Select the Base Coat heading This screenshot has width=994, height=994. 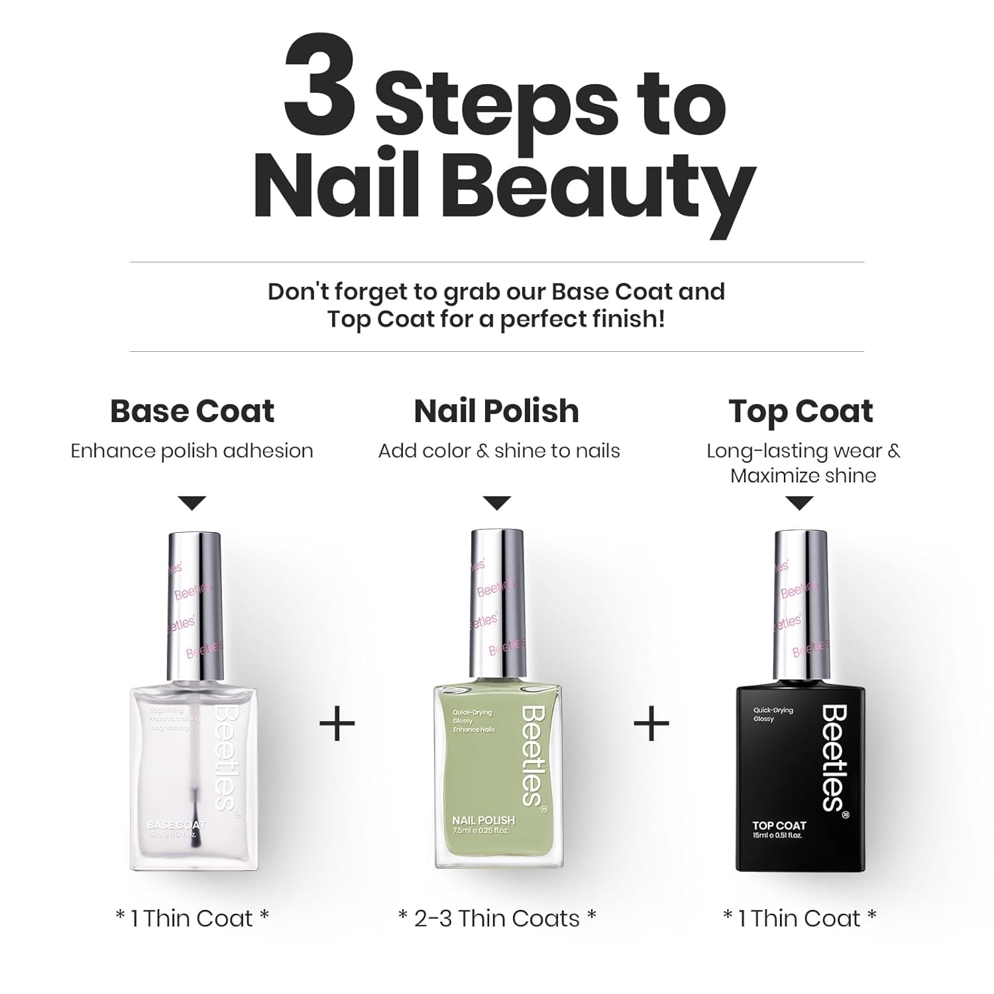pyautogui.click(x=192, y=411)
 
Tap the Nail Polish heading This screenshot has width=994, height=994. pyautogui.click(x=496, y=411)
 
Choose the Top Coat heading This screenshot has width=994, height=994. pyautogui.click(x=801, y=411)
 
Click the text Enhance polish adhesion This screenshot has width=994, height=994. pyautogui.click(x=192, y=451)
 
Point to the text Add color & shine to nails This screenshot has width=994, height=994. pyautogui.click(x=499, y=451)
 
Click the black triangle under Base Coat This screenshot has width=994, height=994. pyautogui.click(x=192, y=504)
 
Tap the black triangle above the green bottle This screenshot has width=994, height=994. pyautogui.click(x=496, y=504)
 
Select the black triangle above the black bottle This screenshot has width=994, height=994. pyautogui.click(x=800, y=504)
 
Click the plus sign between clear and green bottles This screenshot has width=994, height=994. pyautogui.click(x=337, y=724)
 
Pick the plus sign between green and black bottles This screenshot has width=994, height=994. pyautogui.click(x=651, y=724)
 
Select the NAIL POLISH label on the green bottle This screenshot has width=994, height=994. pyautogui.click(x=483, y=820)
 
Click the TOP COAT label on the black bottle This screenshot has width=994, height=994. pyautogui.click(x=779, y=826)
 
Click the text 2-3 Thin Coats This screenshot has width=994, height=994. pyautogui.click(x=497, y=918)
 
